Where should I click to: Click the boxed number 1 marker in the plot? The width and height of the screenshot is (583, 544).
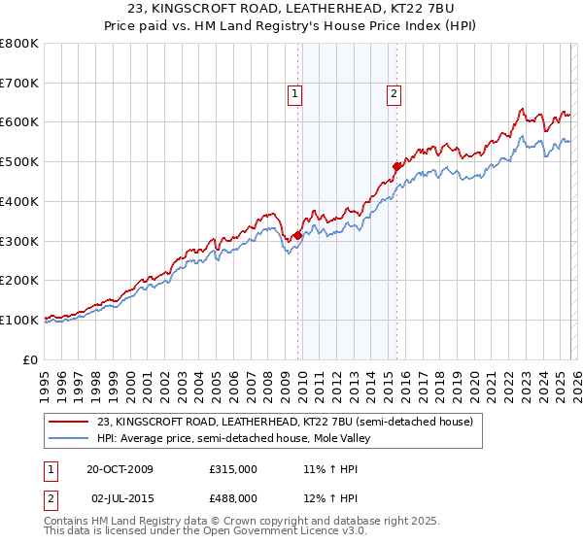[x=294, y=94]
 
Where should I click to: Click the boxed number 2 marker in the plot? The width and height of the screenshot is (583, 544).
[x=394, y=94]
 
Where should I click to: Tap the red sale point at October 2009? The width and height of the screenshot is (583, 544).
[x=297, y=234]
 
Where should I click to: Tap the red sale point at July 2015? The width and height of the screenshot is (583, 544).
[x=396, y=166]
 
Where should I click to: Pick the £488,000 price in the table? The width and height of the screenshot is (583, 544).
[x=233, y=497]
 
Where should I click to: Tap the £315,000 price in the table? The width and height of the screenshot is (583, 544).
[x=233, y=469]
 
